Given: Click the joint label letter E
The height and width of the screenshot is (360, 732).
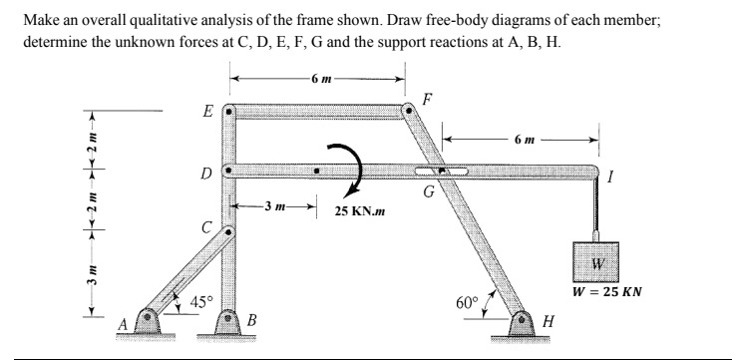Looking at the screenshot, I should pyautogui.click(x=207, y=110).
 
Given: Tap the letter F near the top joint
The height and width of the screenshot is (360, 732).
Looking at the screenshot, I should pyautogui.click(x=428, y=99).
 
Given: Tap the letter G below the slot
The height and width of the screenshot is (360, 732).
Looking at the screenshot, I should pyautogui.click(x=427, y=193).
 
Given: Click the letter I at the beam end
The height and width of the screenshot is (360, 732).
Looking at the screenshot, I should pyautogui.click(x=620, y=178).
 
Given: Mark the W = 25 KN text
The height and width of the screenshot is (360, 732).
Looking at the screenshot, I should pyautogui.click(x=607, y=293).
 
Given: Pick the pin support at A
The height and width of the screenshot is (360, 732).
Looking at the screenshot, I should pyautogui.click(x=151, y=322).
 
